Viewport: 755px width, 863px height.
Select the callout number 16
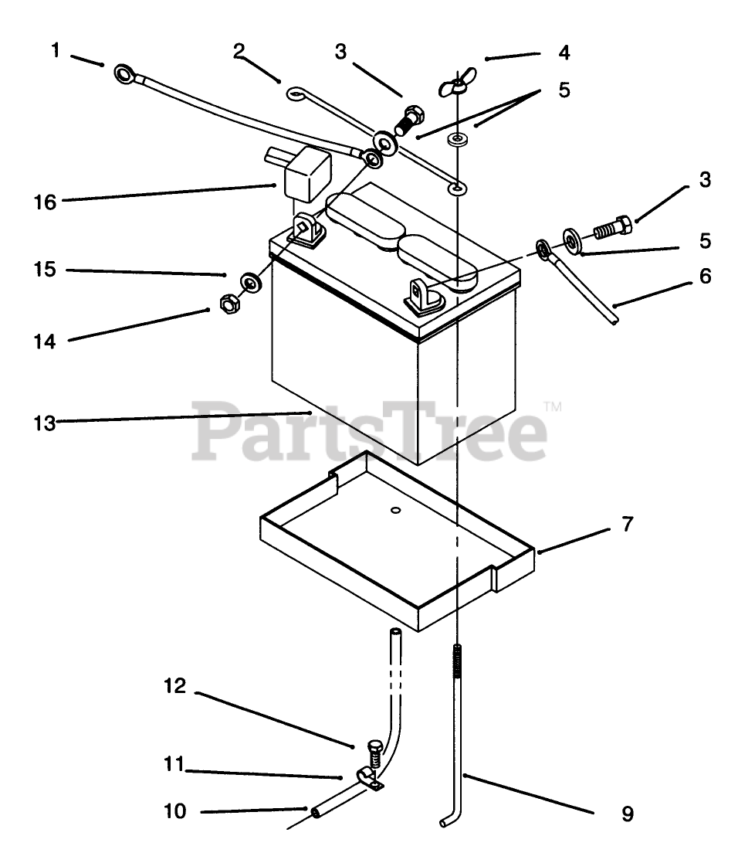[x=45, y=202]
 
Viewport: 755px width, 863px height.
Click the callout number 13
[x=45, y=423]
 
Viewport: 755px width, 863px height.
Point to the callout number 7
[x=627, y=525]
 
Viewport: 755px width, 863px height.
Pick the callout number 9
[x=627, y=814]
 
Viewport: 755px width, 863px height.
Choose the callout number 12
[x=175, y=685]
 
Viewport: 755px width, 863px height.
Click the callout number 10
[x=175, y=812]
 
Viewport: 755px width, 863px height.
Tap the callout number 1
[x=55, y=51]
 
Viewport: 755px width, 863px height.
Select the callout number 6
[x=705, y=276]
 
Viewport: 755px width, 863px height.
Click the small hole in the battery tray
[x=394, y=511]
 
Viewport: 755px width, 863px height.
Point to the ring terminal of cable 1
[x=124, y=74]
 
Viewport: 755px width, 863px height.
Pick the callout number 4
[x=564, y=53]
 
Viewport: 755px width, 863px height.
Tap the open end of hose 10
[x=316, y=812]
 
